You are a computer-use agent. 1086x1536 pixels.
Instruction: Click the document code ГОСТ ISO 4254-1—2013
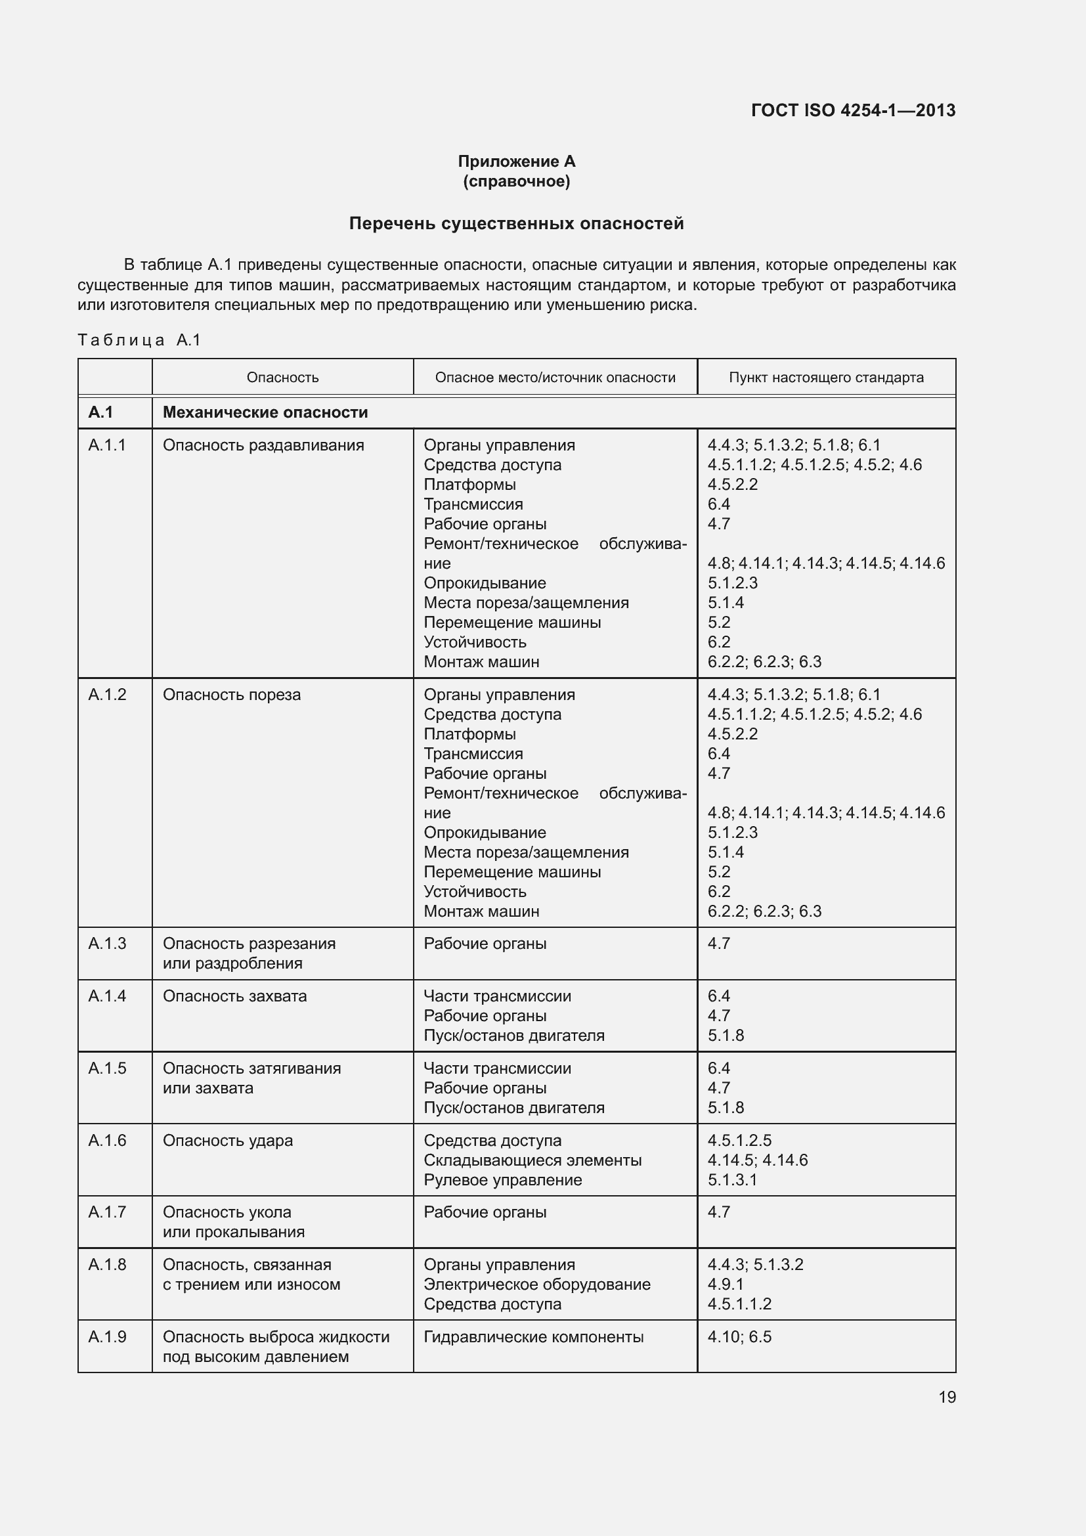(x=853, y=110)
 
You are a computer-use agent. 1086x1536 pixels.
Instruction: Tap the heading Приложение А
(x=516, y=162)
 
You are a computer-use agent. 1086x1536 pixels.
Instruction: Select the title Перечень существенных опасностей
(x=516, y=223)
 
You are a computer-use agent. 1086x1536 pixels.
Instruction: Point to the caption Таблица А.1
(x=139, y=340)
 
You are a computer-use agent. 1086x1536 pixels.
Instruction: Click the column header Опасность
(x=282, y=378)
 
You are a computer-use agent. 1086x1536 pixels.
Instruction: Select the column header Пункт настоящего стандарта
(x=826, y=378)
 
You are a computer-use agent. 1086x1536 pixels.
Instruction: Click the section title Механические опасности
(x=265, y=412)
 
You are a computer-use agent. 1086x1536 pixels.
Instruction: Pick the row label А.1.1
(x=107, y=445)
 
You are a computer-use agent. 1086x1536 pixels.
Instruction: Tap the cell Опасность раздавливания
(x=263, y=445)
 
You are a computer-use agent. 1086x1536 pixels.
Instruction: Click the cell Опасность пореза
(x=231, y=694)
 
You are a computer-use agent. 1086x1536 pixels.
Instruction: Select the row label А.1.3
(x=107, y=943)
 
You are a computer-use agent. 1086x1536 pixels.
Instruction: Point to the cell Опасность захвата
(x=234, y=996)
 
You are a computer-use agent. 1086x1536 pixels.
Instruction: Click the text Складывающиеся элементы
(x=532, y=1159)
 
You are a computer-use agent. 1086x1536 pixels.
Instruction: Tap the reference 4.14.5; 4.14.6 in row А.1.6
(x=757, y=1159)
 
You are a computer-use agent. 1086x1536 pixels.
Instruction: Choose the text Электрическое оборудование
(x=537, y=1284)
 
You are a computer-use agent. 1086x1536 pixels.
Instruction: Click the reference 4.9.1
(x=726, y=1284)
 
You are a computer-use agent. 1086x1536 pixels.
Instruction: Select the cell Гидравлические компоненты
(x=534, y=1336)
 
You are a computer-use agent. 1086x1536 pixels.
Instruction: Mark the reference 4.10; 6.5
(x=739, y=1336)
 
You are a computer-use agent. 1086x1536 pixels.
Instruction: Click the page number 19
(x=947, y=1397)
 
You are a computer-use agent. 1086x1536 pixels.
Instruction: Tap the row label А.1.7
(x=107, y=1212)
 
